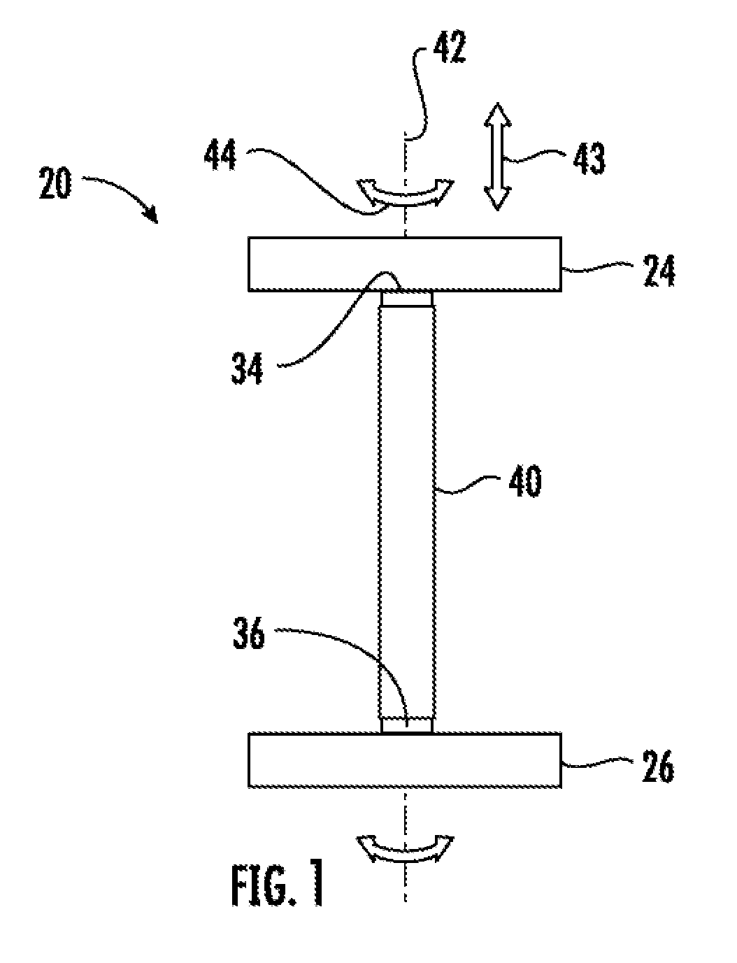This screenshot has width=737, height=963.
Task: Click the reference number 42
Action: coord(449,48)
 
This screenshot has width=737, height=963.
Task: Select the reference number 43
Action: coord(589,158)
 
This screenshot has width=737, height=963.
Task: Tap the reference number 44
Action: coord(220,155)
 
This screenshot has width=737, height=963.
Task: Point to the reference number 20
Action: coord(55,183)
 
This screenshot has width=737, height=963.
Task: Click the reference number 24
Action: coord(659,271)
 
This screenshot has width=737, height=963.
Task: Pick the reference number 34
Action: coord(247,369)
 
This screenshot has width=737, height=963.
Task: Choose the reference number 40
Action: coord(525,481)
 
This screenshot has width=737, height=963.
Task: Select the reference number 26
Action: coord(659,766)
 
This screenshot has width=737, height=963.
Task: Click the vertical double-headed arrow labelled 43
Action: coord(497,157)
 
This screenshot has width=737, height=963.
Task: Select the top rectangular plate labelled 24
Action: coord(404,264)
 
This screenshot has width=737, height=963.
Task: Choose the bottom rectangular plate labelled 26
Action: coord(404,760)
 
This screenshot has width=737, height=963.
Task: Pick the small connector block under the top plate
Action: coord(407,299)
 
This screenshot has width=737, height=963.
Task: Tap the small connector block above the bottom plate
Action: coord(407,725)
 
